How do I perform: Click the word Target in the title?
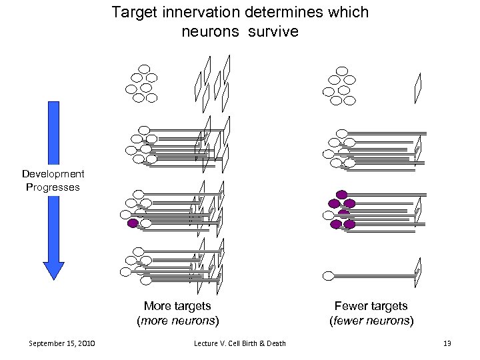132,13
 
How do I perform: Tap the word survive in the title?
275,31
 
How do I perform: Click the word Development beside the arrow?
53,174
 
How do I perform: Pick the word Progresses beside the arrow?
53,187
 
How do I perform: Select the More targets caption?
177,306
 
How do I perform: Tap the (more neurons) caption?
177,321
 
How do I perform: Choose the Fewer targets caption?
371,306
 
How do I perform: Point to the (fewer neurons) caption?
371,321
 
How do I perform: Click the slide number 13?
447,343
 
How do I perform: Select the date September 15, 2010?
62,343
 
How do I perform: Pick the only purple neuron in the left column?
133,223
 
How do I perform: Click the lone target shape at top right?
418,87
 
